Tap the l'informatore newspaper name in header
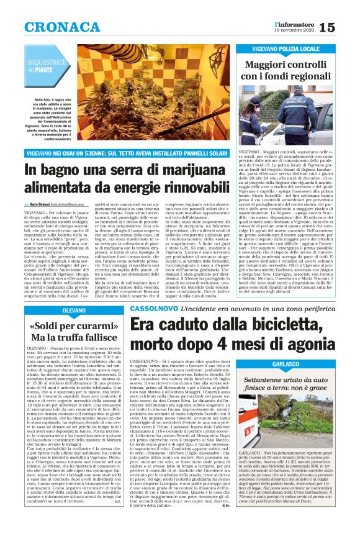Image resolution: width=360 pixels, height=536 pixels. [294, 22]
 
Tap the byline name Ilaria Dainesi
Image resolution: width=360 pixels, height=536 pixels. [40, 204]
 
